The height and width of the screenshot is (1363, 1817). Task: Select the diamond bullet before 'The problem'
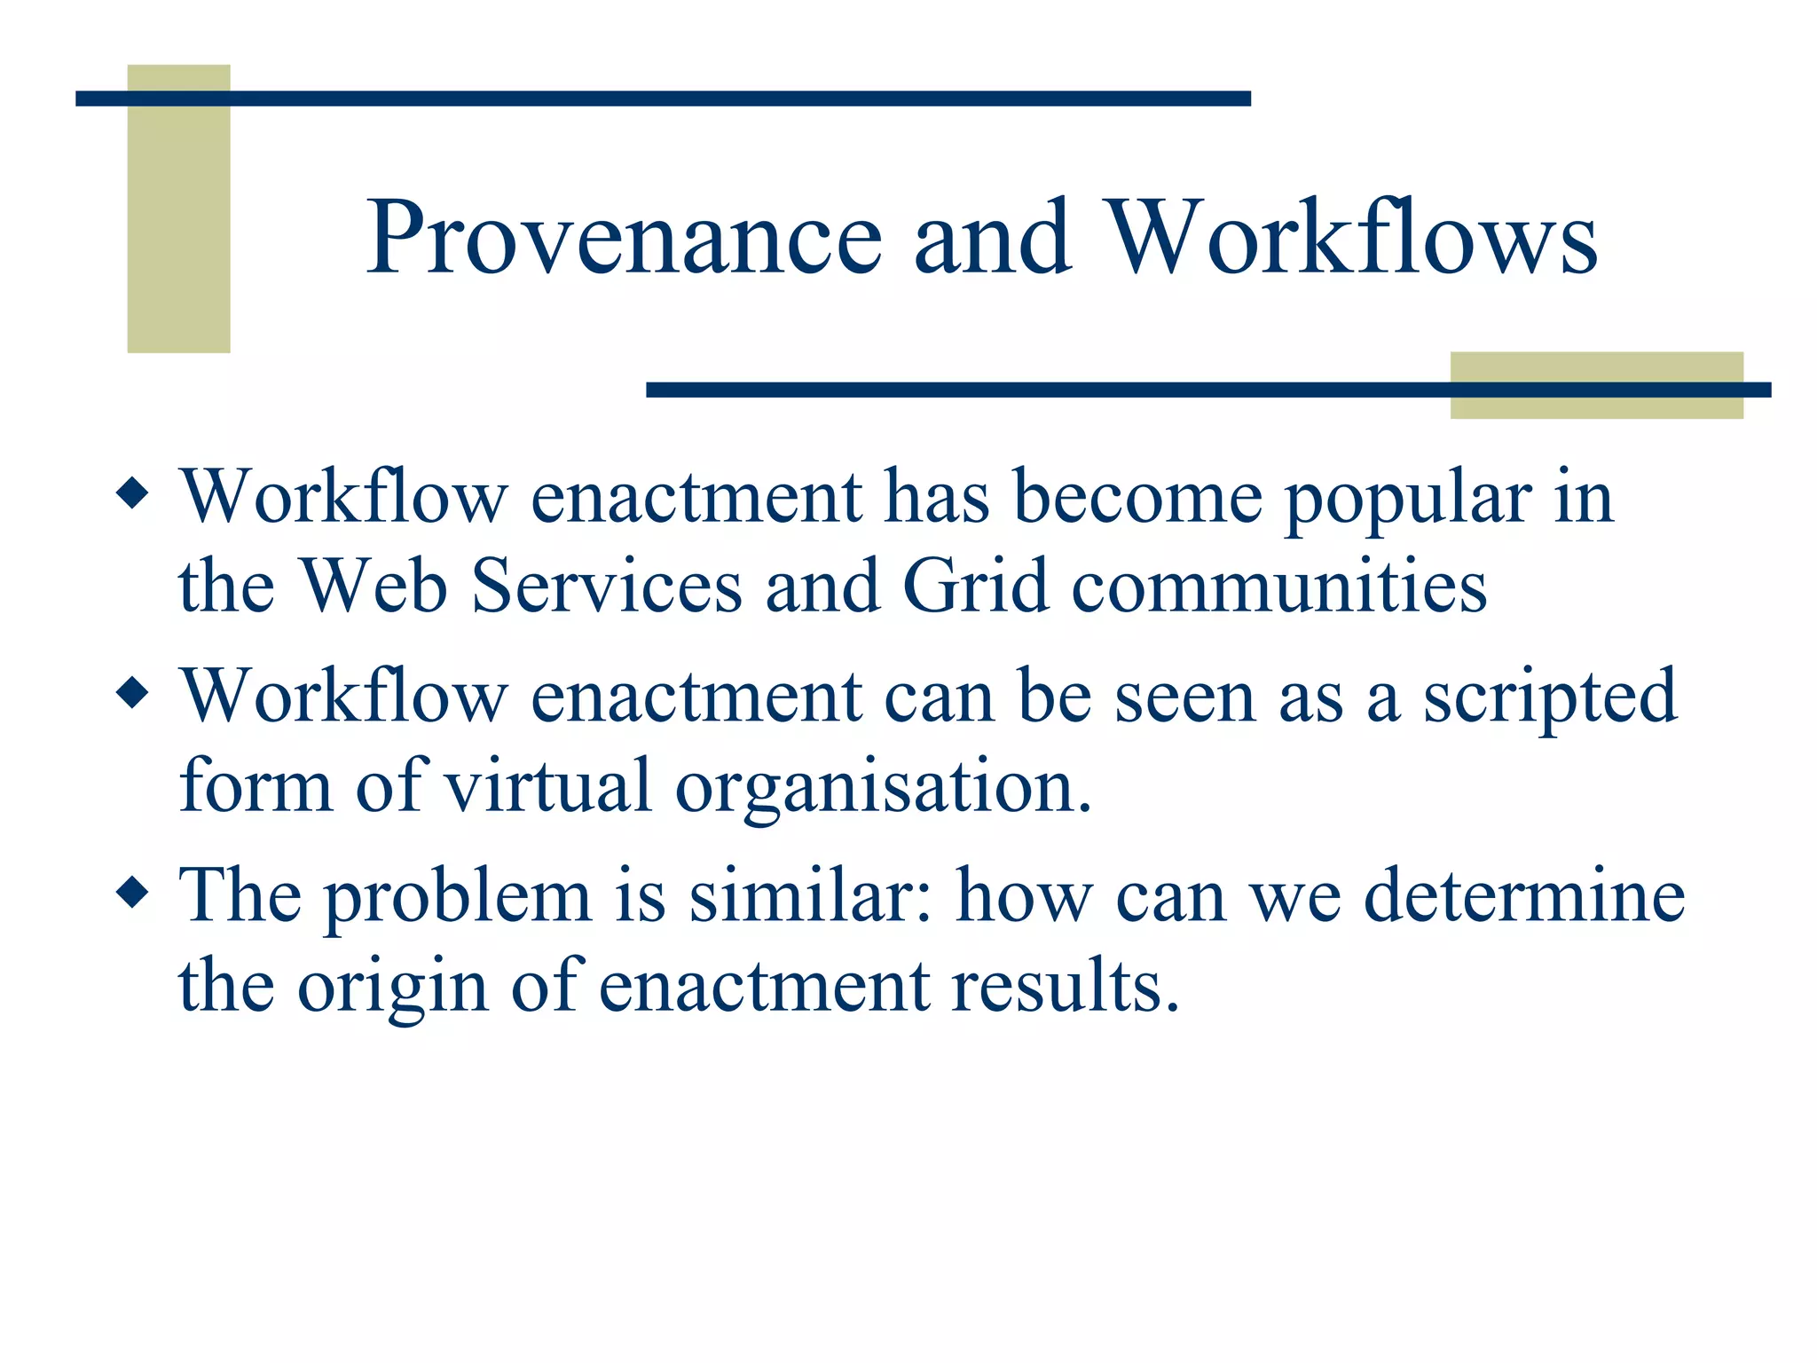point(132,892)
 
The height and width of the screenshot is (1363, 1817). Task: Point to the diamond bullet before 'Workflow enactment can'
point(132,692)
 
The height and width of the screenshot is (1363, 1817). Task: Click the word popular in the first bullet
point(1408,499)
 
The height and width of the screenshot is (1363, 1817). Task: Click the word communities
point(1278,587)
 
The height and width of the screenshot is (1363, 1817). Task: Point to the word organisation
point(883,788)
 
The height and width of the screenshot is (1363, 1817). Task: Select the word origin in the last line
point(391,987)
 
